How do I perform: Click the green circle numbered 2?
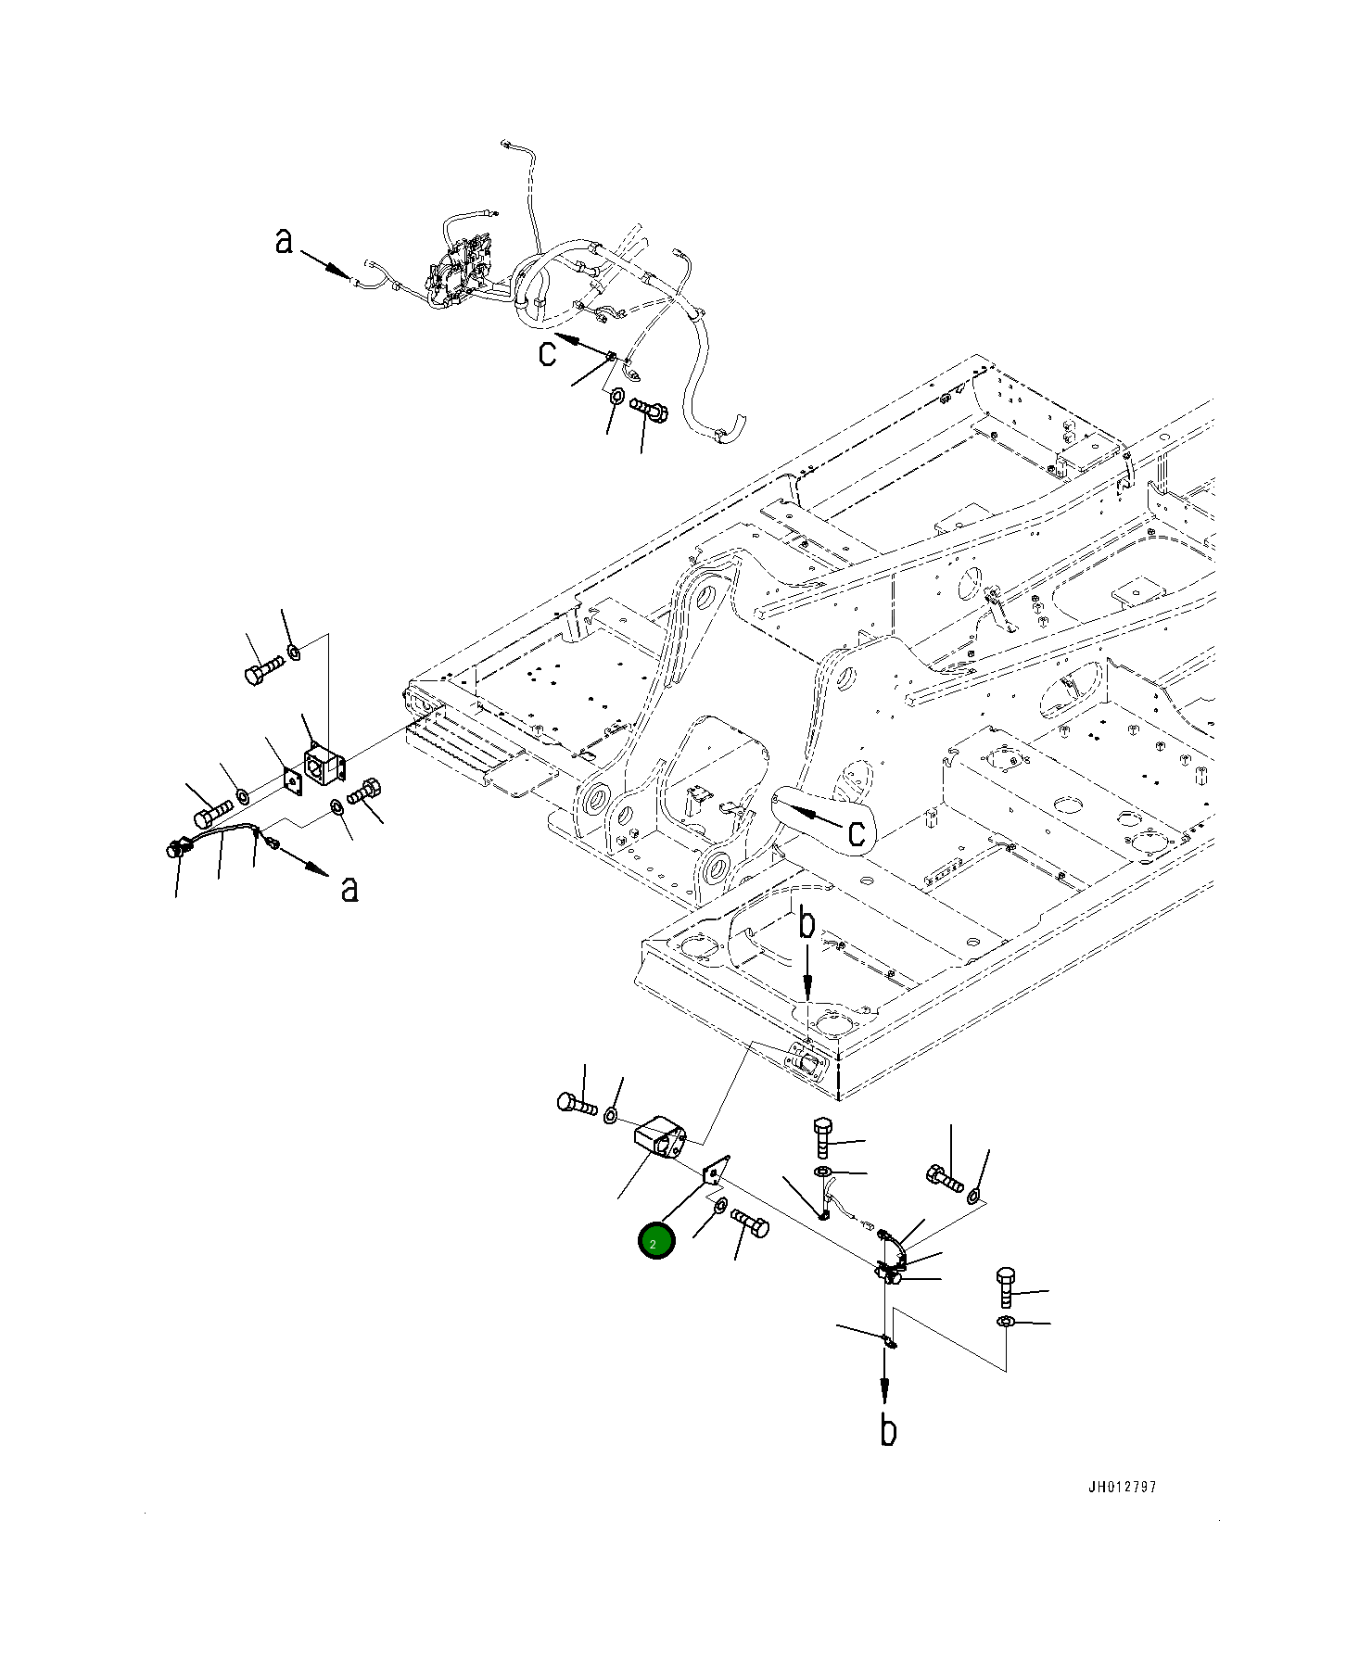pos(655,1242)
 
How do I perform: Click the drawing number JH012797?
pos(1122,1488)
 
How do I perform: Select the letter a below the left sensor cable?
pos(349,888)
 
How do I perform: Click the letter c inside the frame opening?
pos(857,831)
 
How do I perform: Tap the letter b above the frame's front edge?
pos(807,924)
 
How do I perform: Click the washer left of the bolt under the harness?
pos(616,398)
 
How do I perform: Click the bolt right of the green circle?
pos(750,1223)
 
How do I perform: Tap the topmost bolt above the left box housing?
pos(264,670)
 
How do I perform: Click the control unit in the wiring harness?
pos(459,272)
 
